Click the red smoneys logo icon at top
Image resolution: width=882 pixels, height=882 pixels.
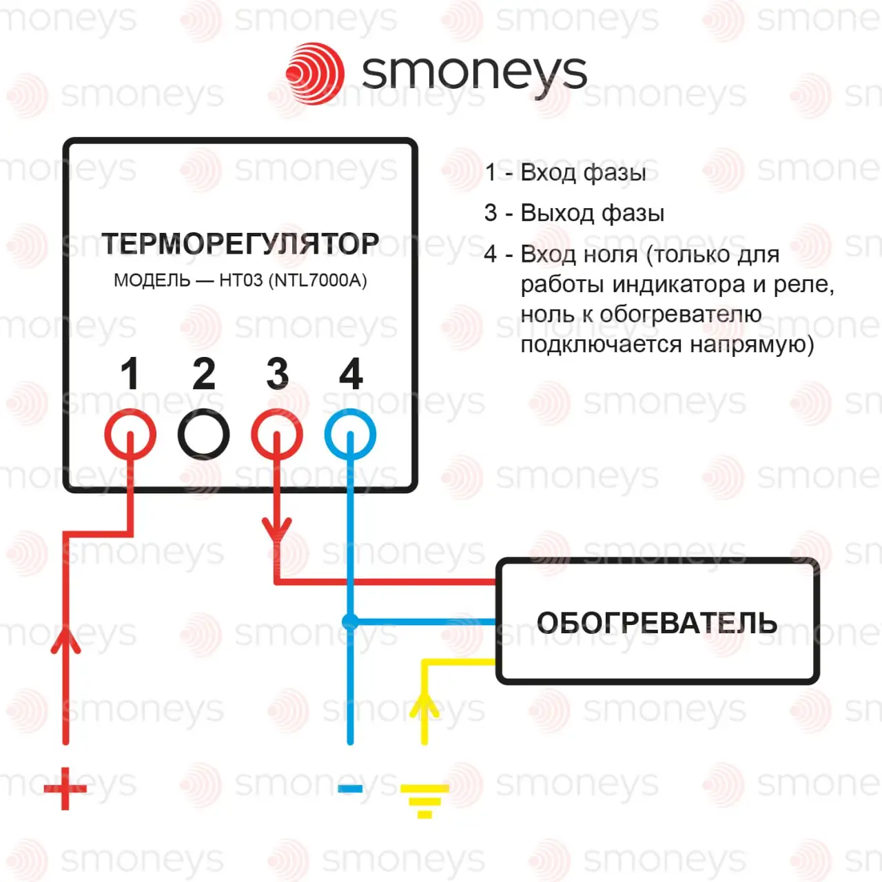(316, 73)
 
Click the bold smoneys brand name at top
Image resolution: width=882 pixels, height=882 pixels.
(474, 72)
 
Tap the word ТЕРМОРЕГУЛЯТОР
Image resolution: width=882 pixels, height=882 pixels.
(240, 244)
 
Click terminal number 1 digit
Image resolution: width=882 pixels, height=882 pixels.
(130, 374)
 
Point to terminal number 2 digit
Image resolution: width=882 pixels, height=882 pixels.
(204, 374)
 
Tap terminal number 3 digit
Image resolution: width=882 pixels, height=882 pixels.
(277, 374)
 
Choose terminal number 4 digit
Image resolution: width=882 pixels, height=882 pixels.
(351, 374)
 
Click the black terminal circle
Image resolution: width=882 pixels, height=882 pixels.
(204, 434)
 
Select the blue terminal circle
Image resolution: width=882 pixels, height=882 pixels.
(350, 434)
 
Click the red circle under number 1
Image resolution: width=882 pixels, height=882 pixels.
(130, 434)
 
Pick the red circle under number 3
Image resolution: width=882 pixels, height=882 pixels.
(277, 434)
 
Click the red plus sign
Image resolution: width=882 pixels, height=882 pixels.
(65, 788)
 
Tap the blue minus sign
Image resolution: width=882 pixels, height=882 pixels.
(350, 788)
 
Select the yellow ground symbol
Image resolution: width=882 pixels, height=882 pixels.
(424, 799)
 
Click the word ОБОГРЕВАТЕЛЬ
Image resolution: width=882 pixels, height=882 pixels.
(657, 623)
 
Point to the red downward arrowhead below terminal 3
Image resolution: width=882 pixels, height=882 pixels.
(277, 530)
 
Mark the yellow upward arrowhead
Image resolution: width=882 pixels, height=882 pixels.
(424, 704)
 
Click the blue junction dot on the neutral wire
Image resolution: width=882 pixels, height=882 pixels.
(350, 622)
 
